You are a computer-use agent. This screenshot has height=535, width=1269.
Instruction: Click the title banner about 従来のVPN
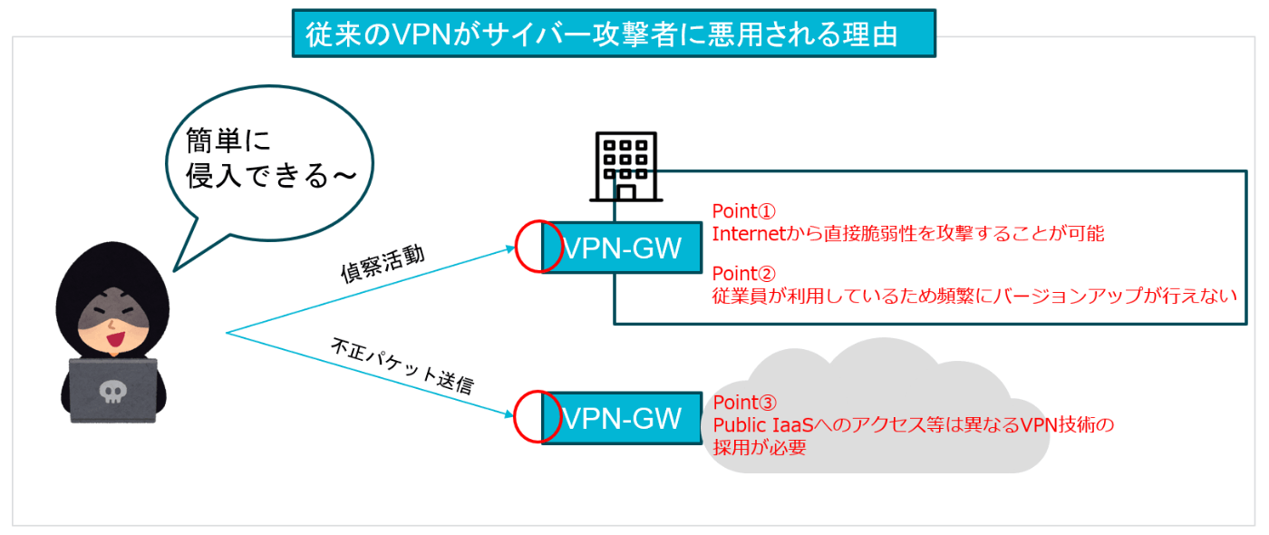click(614, 34)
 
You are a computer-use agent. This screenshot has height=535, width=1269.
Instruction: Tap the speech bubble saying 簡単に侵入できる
click(269, 164)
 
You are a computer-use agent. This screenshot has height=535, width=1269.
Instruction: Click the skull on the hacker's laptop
click(112, 392)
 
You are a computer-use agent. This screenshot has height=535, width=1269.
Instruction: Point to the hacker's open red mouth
click(116, 339)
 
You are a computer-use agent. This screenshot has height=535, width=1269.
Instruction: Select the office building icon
click(626, 167)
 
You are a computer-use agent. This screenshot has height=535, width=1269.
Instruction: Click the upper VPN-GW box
click(622, 248)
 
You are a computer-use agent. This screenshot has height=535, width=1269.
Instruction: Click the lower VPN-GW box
click(622, 418)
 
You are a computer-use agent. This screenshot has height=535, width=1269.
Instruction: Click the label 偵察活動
click(383, 264)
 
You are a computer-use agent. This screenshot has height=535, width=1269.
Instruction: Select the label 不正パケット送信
click(402, 366)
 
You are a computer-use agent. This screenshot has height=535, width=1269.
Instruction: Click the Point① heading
click(743, 211)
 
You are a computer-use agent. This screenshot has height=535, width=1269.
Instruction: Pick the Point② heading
click(743, 274)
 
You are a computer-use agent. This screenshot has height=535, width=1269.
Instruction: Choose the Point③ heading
click(744, 403)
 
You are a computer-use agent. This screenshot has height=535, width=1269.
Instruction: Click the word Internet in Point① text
click(749, 234)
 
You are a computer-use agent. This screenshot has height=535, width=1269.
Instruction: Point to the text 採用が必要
click(760, 448)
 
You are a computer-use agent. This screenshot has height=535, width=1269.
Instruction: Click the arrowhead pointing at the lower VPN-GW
click(509, 414)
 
